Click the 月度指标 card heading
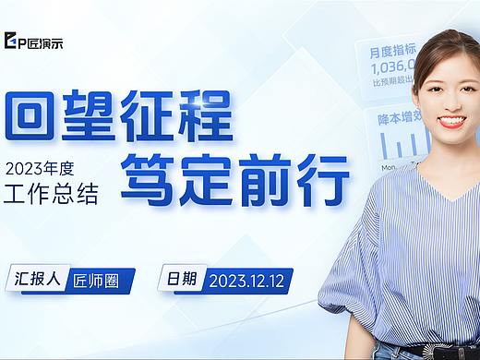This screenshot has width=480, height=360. pos(391,53)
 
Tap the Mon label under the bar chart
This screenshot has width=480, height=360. pos(389,167)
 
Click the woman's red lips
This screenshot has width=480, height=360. pos(451,121)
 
